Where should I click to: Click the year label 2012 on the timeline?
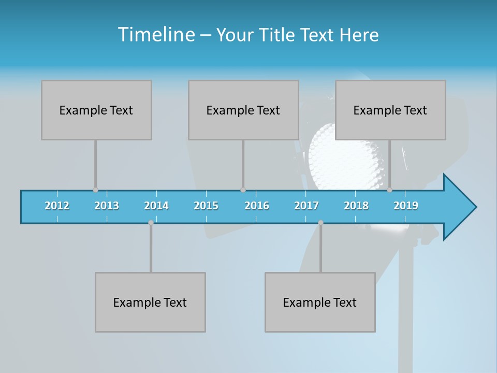tap(57, 206)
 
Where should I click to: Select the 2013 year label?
tap(107, 206)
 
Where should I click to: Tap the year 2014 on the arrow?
tap(156, 206)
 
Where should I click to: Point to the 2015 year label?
tap(206, 206)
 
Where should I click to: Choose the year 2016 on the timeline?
tap(257, 206)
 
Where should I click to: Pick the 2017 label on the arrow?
tap(306, 206)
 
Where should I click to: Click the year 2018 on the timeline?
tap(356, 206)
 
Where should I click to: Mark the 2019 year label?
tap(406, 206)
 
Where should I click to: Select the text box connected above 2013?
tap(96, 110)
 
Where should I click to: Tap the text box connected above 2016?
tap(243, 110)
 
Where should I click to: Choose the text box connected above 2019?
tap(390, 110)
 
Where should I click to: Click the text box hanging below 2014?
tap(150, 302)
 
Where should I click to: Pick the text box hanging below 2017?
tap(320, 302)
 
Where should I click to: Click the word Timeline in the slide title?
tap(156, 35)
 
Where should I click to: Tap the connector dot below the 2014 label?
tap(151, 222)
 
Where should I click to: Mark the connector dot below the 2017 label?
tap(320, 222)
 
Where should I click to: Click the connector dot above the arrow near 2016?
tap(243, 190)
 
